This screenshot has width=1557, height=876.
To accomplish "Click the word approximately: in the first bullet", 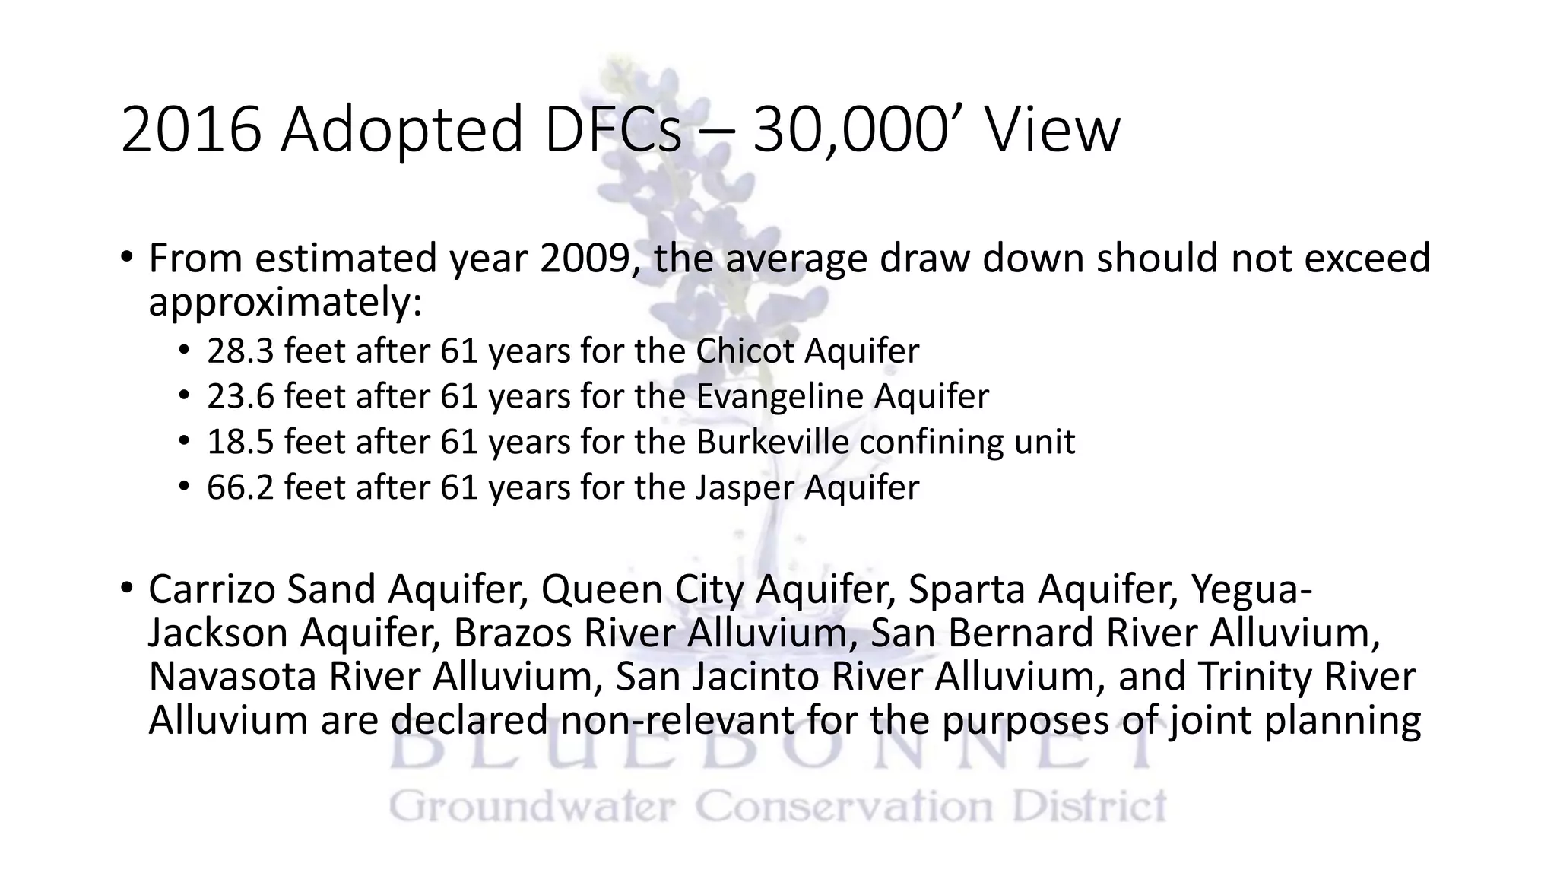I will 285,303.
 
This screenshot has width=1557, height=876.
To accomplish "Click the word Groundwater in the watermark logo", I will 532,807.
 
